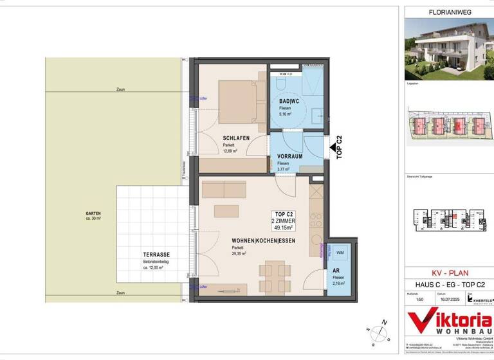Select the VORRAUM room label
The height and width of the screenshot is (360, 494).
click(x=290, y=156)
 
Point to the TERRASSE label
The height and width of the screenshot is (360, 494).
click(x=138, y=255)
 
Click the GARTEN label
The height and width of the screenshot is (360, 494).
click(x=93, y=213)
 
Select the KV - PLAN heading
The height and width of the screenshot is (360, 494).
click(x=447, y=273)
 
